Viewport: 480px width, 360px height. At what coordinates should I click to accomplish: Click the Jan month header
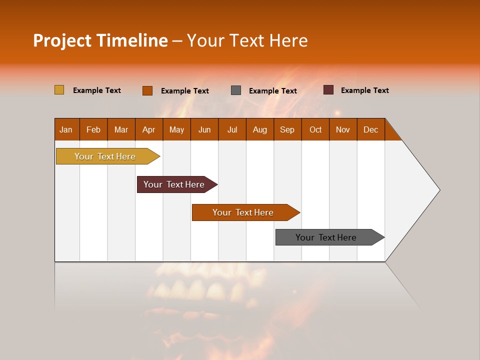[66, 129]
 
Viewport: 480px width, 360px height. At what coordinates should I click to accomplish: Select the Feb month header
[93, 129]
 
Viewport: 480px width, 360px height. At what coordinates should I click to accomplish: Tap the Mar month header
[121, 129]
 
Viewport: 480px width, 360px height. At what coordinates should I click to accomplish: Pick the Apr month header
[149, 129]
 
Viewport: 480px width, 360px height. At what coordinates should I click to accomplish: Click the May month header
[176, 129]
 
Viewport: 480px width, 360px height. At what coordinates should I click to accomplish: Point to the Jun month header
[204, 129]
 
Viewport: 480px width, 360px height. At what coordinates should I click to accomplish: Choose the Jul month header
[232, 129]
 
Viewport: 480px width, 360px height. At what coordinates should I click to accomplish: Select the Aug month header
[260, 129]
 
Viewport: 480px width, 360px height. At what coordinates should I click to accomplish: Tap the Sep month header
[287, 129]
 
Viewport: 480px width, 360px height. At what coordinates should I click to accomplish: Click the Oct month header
[315, 129]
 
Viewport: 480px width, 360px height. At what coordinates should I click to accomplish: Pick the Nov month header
[343, 129]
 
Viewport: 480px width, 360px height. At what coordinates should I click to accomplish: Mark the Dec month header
[371, 129]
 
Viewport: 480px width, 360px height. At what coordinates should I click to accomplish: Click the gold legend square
[59, 90]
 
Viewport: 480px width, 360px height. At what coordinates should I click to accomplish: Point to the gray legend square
[236, 90]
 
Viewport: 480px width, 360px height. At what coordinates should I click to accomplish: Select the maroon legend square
[328, 90]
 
